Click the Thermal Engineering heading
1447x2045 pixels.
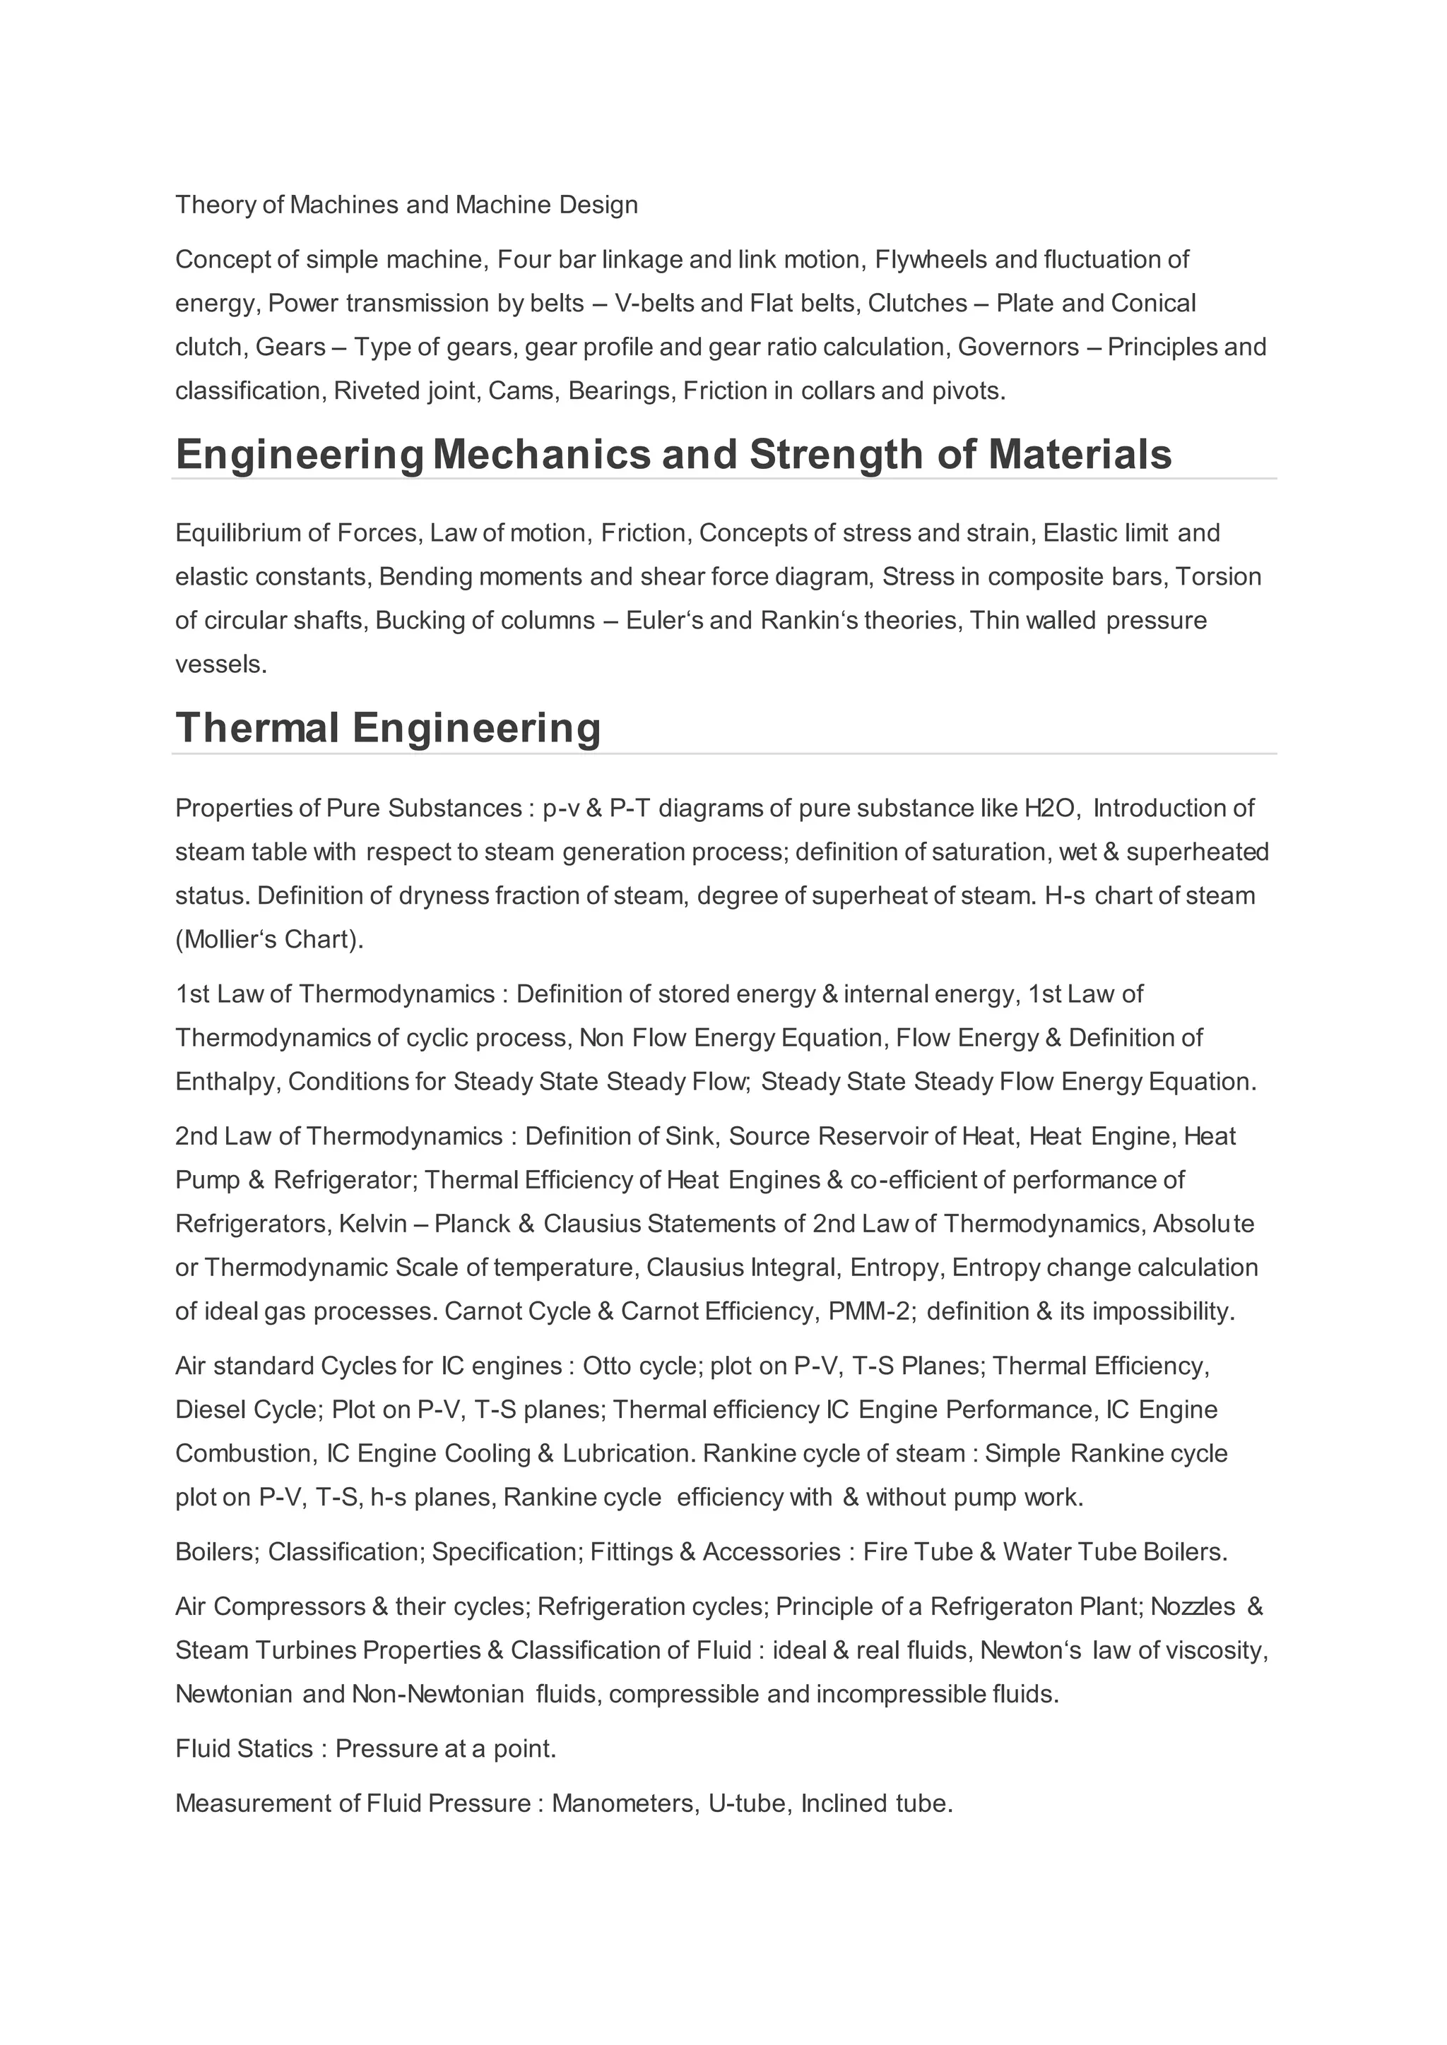coord(388,728)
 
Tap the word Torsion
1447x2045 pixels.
coord(1218,576)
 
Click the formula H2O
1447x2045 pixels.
coord(1051,808)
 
